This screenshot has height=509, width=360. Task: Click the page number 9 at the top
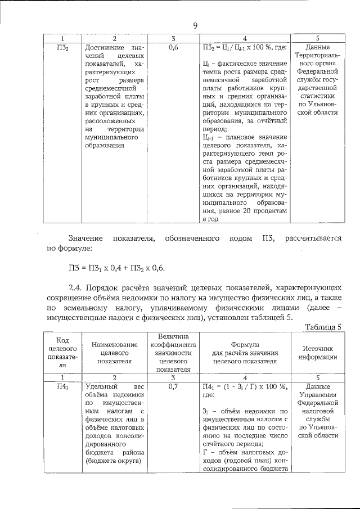[x=195, y=25]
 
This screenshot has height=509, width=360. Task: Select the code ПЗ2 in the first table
[x=63, y=48]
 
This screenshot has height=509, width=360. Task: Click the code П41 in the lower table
[x=63, y=387]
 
